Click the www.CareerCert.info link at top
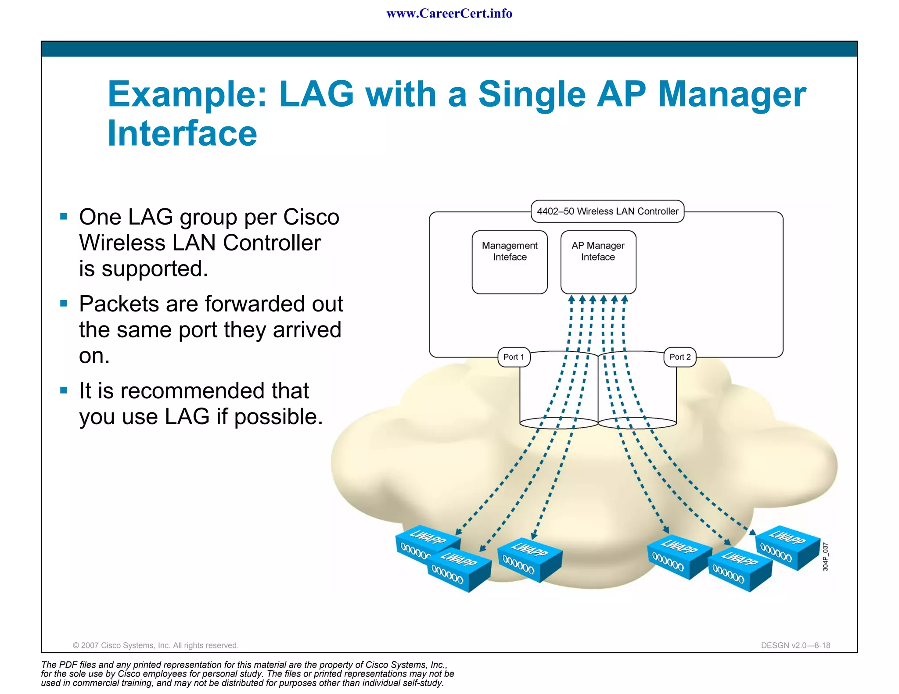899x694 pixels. point(449,14)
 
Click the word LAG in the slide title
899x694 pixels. point(316,94)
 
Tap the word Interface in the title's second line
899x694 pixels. point(182,133)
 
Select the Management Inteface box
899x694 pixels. point(510,262)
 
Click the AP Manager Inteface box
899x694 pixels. point(598,262)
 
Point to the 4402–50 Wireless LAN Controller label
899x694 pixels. point(608,211)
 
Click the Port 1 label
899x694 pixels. point(514,357)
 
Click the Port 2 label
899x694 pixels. point(680,357)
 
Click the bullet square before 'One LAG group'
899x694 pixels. point(64,216)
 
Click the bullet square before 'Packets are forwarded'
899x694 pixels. point(64,303)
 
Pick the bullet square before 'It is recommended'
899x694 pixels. point(64,390)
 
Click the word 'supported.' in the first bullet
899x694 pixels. point(155,269)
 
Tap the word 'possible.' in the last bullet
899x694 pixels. point(278,417)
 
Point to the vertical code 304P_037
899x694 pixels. point(825,557)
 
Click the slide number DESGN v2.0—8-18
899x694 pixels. point(795,645)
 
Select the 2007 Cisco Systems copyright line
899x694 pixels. point(155,645)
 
